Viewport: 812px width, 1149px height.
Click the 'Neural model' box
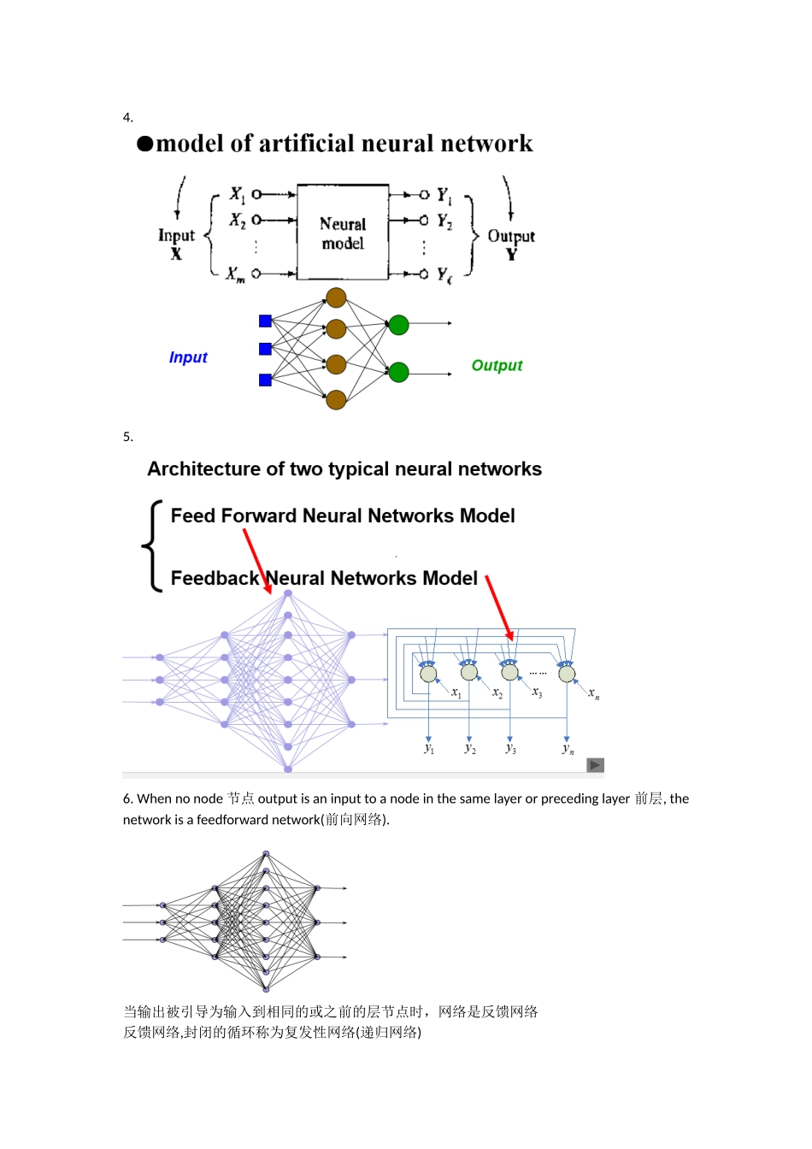(x=343, y=233)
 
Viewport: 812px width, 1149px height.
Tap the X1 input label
(x=238, y=195)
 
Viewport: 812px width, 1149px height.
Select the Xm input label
(x=235, y=274)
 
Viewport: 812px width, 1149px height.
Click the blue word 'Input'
(x=188, y=357)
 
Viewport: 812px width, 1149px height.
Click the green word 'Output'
(x=497, y=366)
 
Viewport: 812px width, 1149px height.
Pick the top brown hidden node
(x=336, y=298)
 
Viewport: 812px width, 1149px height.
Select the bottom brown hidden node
(x=336, y=399)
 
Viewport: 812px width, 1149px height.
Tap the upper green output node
(x=398, y=325)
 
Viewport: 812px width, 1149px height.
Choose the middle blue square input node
(x=265, y=349)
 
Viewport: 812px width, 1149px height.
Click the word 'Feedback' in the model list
(x=215, y=579)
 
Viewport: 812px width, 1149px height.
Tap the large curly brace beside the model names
(x=152, y=545)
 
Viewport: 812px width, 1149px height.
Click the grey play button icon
(x=596, y=765)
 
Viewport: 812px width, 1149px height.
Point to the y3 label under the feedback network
(x=510, y=749)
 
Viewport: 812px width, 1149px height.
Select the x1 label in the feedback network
(x=456, y=692)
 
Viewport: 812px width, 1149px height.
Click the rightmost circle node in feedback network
(x=567, y=674)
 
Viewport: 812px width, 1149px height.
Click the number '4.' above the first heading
(x=128, y=118)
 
